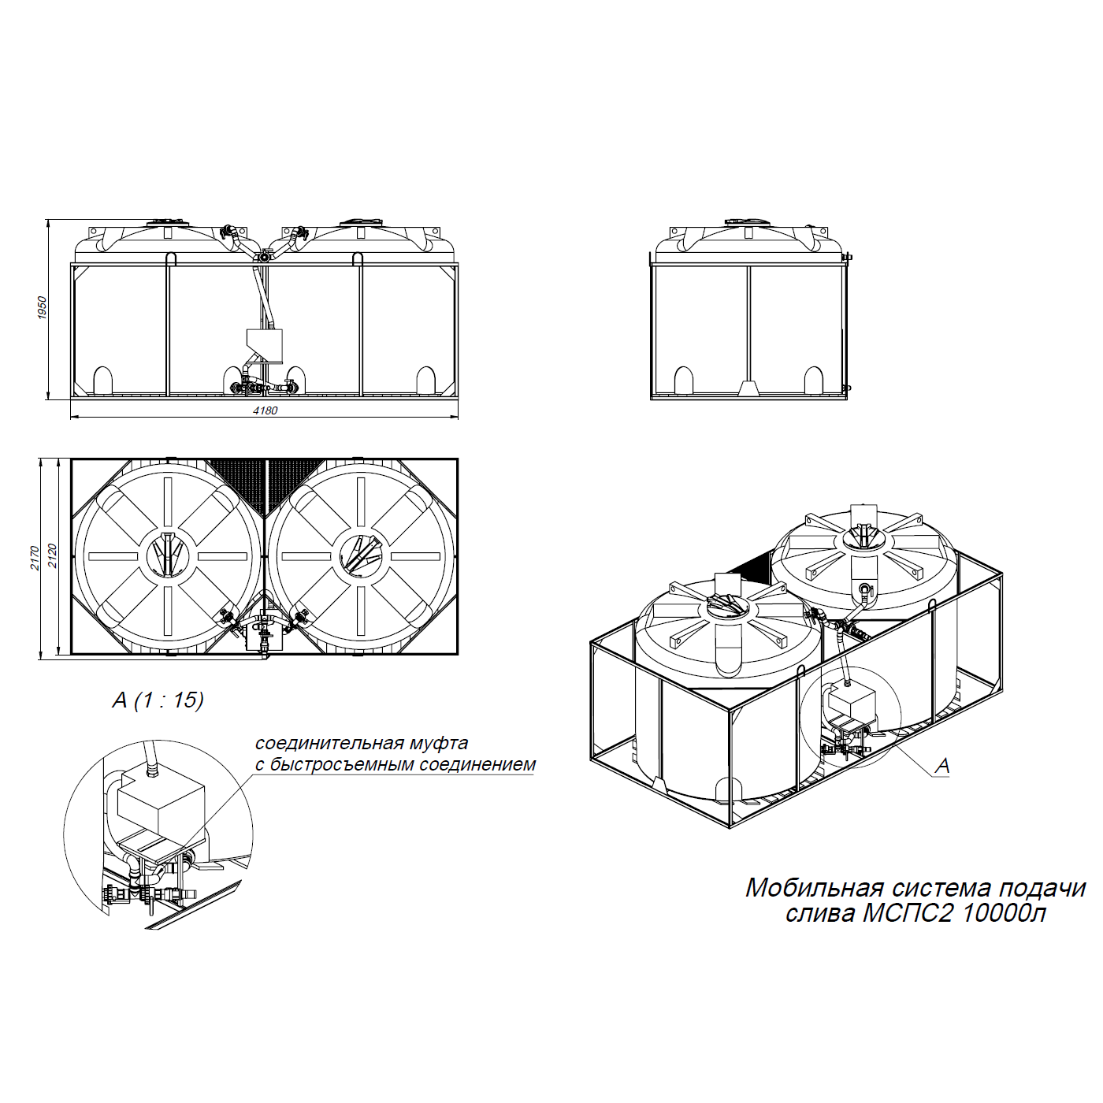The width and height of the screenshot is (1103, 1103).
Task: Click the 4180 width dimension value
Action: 265,410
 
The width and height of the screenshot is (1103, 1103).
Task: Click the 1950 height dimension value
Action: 42,308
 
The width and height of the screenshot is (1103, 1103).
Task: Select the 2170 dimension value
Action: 35,558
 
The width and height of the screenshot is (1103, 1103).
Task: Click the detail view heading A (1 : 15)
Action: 158,700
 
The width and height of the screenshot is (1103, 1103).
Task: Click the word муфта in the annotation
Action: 439,743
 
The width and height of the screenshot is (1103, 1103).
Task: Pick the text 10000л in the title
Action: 1004,914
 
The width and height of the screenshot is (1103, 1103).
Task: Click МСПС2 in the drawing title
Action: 908,914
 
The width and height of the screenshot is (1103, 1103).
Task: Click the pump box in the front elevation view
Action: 264,345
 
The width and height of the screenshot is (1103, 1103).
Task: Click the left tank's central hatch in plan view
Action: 168,555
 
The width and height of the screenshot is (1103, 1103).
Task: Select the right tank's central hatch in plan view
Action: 361,555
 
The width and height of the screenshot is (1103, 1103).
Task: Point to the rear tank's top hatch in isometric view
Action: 863,537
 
